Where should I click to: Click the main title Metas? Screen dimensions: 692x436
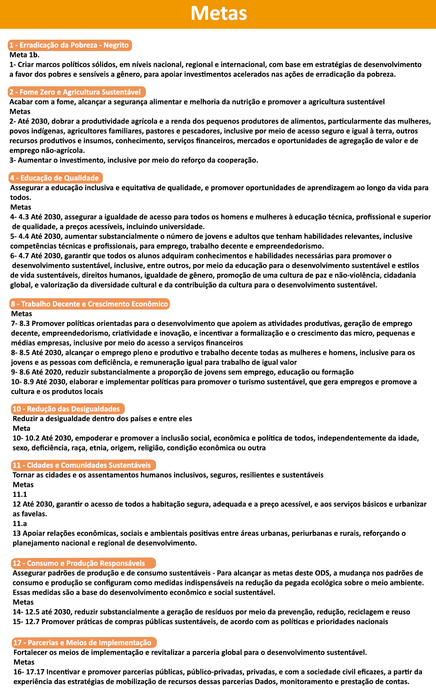click(x=218, y=13)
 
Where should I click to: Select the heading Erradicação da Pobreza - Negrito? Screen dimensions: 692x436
click(x=70, y=45)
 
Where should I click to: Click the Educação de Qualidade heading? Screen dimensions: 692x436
click(x=56, y=178)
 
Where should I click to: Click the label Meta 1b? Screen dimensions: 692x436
click(x=24, y=55)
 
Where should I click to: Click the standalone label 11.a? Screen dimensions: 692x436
click(x=19, y=523)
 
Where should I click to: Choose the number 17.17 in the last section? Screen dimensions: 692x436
click(x=35, y=672)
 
